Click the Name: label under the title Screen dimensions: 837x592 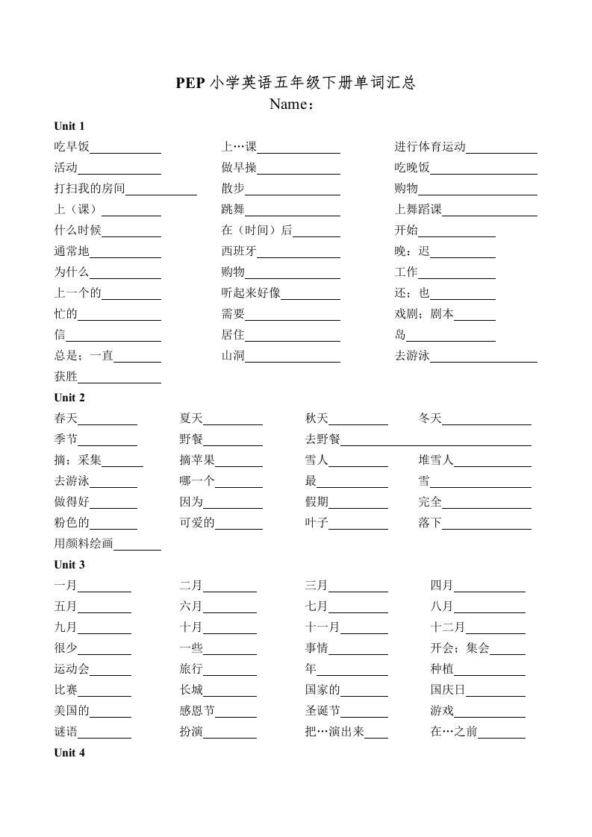pyautogui.click(x=292, y=104)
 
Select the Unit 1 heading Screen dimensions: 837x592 pyautogui.click(x=69, y=125)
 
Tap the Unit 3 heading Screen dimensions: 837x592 pyautogui.click(x=69, y=565)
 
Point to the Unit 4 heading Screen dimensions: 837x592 pyautogui.click(x=69, y=753)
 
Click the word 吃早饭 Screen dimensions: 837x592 pyautogui.click(x=72, y=147)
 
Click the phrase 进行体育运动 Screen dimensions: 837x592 pyautogui.click(x=430, y=147)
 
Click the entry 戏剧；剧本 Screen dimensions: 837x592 pyautogui.click(x=424, y=314)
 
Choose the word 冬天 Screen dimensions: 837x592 pyautogui.click(x=430, y=418)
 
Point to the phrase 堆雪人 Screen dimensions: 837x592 pyautogui.click(x=436, y=460)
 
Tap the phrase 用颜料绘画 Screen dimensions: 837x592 pyautogui.click(x=84, y=544)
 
